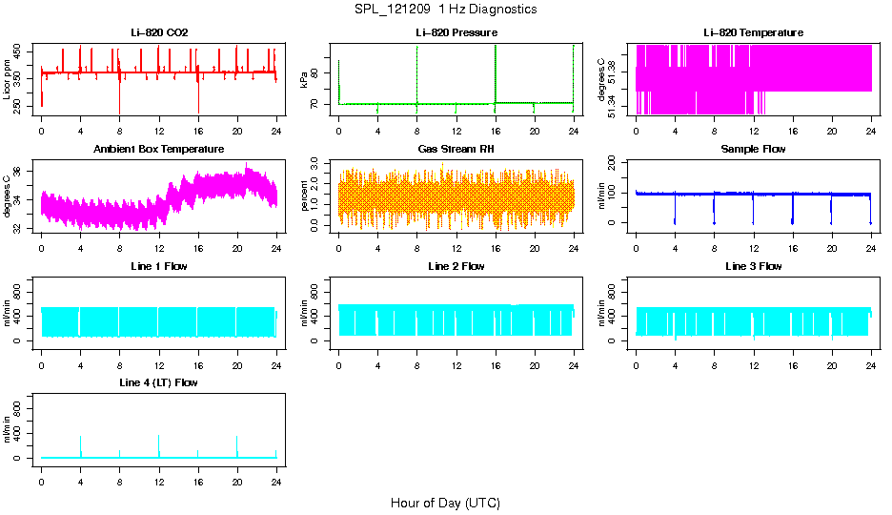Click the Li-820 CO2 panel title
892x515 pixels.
[159, 32]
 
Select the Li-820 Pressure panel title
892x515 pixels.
[456, 32]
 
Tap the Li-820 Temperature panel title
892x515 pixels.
[753, 32]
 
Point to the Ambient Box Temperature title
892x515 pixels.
[159, 150]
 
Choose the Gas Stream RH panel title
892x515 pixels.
[456, 150]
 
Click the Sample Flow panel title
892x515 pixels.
[753, 150]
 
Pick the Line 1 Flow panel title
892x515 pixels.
[159, 266]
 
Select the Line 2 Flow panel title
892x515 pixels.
[456, 266]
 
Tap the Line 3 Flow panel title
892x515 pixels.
[753, 266]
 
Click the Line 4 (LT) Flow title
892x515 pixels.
[159, 382]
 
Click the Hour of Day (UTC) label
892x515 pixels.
[445, 503]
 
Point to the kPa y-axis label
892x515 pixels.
[304, 80]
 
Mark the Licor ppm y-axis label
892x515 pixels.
[8, 80]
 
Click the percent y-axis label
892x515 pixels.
[304, 196]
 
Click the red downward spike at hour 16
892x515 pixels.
[198, 103]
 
